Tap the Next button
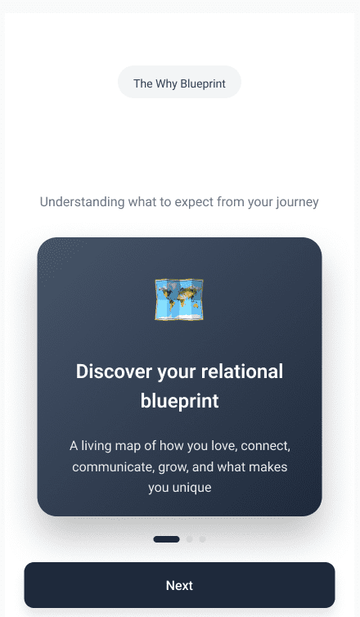click(179, 585)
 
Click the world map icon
click(179, 299)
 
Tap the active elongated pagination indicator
click(166, 539)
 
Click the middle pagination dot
click(189, 539)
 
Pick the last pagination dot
click(202, 539)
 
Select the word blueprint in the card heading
click(179, 401)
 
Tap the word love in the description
click(224, 446)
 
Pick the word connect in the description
click(266, 446)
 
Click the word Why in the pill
click(166, 84)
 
